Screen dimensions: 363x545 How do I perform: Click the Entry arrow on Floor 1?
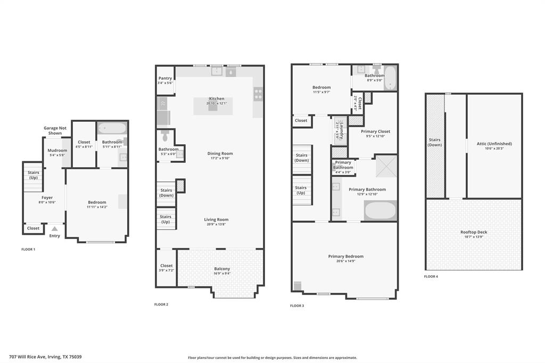point(54,229)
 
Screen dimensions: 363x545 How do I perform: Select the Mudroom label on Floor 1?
point(57,151)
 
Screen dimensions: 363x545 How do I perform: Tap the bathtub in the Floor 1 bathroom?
point(112,128)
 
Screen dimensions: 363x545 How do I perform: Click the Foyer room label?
point(47,197)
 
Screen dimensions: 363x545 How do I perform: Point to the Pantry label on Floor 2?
point(165,78)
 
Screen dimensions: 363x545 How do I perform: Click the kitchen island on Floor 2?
point(213,106)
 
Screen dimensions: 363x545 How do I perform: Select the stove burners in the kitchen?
point(258,94)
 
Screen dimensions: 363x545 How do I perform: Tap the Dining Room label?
point(220,154)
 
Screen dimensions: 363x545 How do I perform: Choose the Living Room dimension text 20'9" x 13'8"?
point(216,225)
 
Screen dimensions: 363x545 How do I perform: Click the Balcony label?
point(222,269)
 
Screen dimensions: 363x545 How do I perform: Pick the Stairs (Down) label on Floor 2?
point(166,193)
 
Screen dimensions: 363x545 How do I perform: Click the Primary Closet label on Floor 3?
point(376,131)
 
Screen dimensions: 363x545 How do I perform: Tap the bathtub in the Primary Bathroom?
point(381,211)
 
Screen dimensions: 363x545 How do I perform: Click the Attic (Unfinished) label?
point(494,144)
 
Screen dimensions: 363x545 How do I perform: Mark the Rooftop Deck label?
point(474,232)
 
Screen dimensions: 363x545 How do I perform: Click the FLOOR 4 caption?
point(431,277)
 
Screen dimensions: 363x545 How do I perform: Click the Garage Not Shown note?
point(55,130)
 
